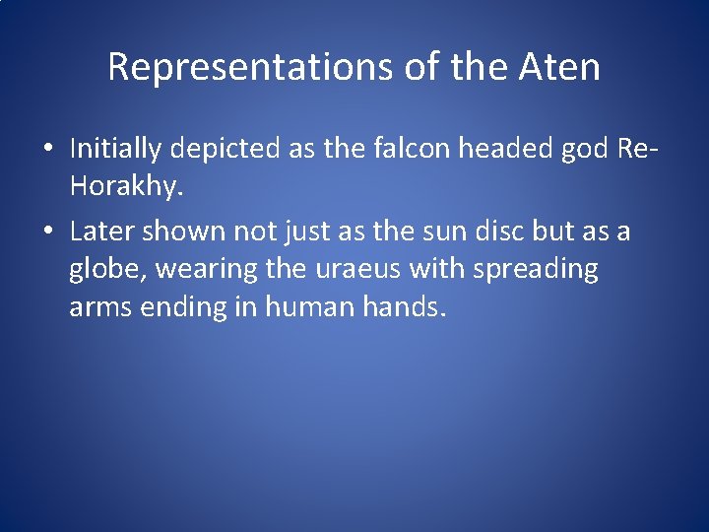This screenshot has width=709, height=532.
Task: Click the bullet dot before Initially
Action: tap(48, 150)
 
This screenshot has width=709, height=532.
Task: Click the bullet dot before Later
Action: tap(48, 233)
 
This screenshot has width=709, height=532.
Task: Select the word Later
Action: tap(101, 231)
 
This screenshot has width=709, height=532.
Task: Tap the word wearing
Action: tap(193, 270)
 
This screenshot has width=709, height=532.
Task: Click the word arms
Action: tap(101, 307)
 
